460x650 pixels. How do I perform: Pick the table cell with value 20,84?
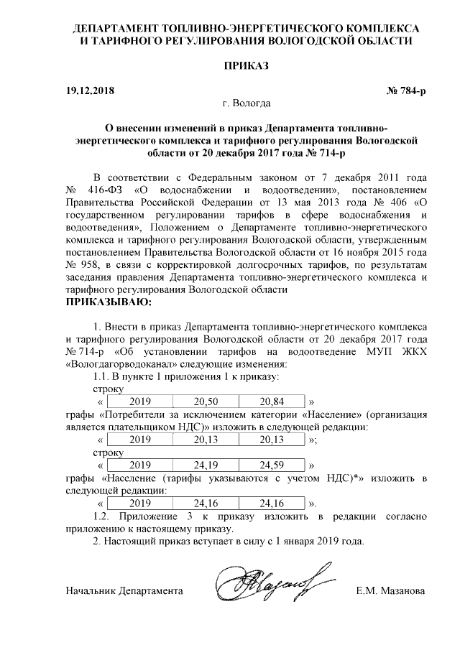tap(272, 401)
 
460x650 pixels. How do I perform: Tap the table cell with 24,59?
tap(272, 465)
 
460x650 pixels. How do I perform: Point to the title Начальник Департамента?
tap(122, 591)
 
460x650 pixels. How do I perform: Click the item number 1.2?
tap(105, 516)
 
